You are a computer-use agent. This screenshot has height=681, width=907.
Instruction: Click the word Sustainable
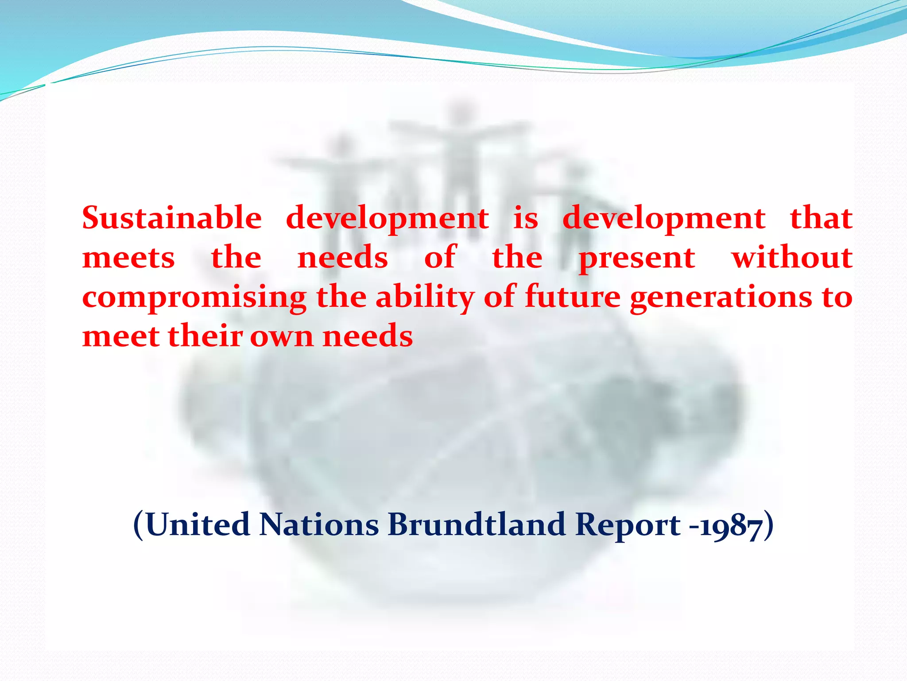[172, 218]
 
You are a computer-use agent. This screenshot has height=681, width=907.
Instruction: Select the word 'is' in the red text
[526, 218]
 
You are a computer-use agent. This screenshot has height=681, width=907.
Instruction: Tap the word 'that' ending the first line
[822, 218]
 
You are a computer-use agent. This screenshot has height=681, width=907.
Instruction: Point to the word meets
[128, 258]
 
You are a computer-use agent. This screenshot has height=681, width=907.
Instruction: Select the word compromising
[194, 297]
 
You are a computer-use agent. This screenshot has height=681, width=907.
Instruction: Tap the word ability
[425, 297]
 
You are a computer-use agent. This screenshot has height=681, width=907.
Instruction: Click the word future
[573, 297]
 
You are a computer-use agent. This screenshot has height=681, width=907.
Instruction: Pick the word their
[205, 336]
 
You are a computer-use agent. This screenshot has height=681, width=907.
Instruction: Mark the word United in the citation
[198, 525]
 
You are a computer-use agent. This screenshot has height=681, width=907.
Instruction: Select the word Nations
[319, 525]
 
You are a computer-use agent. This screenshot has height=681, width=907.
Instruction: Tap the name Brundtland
[477, 525]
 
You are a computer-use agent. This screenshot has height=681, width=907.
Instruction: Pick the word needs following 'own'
[368, 336]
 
